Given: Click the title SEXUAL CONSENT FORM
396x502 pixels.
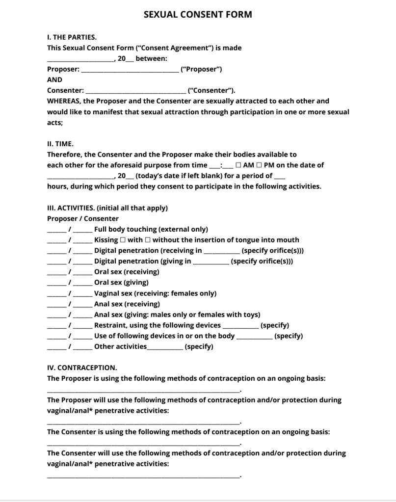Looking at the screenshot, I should click(198, 14).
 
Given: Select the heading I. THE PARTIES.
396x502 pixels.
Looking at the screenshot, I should click(72, 37).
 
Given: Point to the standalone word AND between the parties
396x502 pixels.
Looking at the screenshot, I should click(54, 79).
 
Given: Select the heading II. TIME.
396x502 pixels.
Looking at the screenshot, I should click(60, 144).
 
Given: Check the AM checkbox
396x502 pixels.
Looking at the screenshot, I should click(238, 165).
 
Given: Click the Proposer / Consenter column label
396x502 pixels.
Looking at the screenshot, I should click(83, 218).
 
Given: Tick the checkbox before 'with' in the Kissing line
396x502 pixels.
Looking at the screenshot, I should click(123, 240).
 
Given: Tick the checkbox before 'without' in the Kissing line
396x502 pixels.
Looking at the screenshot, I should click(148, 240).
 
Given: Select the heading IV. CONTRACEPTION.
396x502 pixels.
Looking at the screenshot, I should click(82, 367).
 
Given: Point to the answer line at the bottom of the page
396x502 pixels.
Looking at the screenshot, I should click(143, 476).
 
